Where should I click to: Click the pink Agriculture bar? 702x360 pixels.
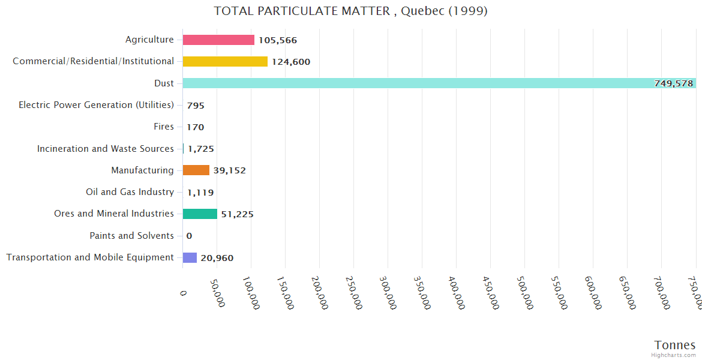(x=218, y=40)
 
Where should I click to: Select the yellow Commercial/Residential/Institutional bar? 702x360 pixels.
(x=225, y=62)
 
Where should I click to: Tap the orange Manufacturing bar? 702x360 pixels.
(x=196, y=170)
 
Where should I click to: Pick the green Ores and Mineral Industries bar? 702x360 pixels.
(x=200, y=214)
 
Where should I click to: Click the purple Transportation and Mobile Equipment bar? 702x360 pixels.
(x=190, y=258)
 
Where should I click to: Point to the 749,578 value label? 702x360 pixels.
(x=674, y=83)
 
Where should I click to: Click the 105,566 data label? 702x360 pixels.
(x=278, y=40)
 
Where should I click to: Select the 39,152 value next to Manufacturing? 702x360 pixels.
(x=229, y=170)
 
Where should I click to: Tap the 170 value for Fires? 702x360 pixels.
(x=195, y=127)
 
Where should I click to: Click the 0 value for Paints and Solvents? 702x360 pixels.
(x=189, y=236)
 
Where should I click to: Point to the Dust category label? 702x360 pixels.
(x=164, y=83)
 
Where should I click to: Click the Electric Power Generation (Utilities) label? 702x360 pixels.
(x=96, y=105)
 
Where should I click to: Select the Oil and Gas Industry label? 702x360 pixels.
(x=130, y=192)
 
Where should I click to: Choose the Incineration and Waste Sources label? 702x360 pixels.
(x=105, y=149)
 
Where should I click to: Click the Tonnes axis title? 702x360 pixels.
(x=674, y=345)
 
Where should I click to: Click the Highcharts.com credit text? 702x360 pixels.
(x=674, y=355)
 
